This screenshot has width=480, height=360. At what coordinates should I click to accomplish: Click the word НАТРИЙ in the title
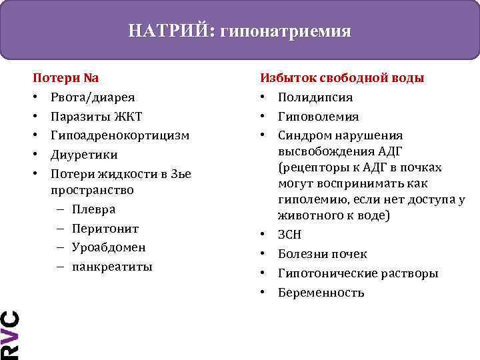click(169, 31)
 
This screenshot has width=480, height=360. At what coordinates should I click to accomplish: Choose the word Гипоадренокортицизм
click(119, 135)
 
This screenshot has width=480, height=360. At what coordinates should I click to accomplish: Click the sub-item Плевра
click(93, 209)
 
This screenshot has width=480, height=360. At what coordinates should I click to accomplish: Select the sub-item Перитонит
click(105, 228)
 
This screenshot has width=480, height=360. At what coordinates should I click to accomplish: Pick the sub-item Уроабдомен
click(109, 247)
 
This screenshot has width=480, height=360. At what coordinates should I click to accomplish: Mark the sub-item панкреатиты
click(112, 267)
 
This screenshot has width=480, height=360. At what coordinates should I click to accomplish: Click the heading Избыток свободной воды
click(342, 78)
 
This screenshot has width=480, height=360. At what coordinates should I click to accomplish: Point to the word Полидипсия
click(315, 97)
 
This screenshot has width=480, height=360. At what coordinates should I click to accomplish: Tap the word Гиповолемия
click(318, 117)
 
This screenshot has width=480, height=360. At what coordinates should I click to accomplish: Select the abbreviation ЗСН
click(290, 235)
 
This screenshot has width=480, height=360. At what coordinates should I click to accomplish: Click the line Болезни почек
click(323, 254)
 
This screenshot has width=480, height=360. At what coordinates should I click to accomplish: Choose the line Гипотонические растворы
click(358, 273)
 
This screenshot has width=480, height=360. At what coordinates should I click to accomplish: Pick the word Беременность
click(321, 293)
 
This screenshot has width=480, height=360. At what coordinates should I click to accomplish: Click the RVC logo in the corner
click(9, 333)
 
